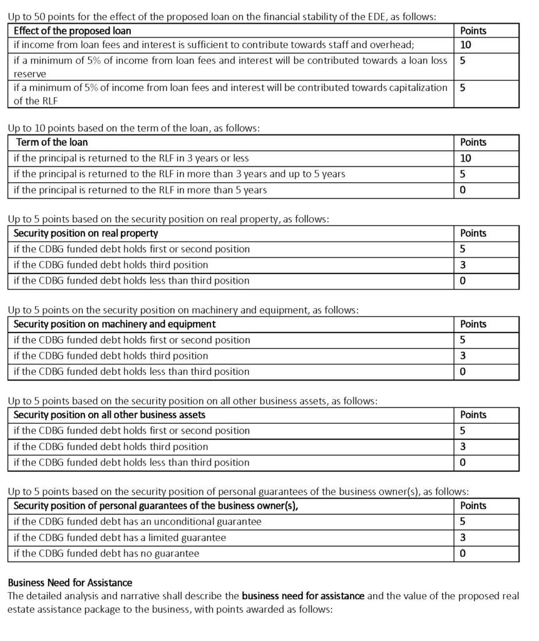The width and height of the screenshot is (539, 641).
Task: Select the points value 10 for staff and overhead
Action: coord(466,45)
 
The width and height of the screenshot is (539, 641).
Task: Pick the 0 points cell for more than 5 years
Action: coord(463,190)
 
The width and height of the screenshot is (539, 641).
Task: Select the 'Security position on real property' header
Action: coord(86,233)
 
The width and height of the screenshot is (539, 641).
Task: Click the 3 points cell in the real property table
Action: coord(463,265)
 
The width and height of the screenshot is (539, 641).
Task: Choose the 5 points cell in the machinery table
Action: coord(463,340)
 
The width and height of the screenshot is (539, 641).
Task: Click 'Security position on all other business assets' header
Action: coord(110,414)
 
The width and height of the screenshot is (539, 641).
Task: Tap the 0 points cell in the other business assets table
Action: coord(463,463)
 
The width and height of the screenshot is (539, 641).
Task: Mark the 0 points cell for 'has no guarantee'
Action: coord(463,553)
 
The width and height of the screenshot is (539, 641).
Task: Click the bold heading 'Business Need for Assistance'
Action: coord(69,583)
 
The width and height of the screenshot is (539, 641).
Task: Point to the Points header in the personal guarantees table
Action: coord(473,505)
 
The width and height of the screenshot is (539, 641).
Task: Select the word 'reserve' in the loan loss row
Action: coord(26,74)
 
